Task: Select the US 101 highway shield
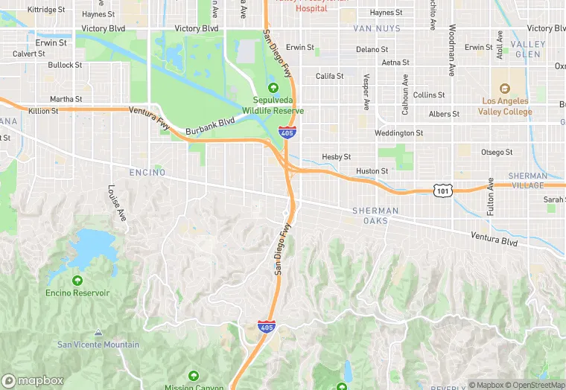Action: click(442, 191)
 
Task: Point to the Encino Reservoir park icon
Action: click(77, 281)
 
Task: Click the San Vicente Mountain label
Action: click(98, 345)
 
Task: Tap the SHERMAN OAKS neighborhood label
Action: click(375, 216)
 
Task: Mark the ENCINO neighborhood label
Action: click(145, 171)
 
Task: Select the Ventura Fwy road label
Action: click(150, 118)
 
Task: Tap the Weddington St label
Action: click(398, 133)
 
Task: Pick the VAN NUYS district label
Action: click(376, 28)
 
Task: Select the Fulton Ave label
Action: click(491, 198)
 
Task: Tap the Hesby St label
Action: click(335, 156)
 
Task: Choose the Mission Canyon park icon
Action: click(194, 375)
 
